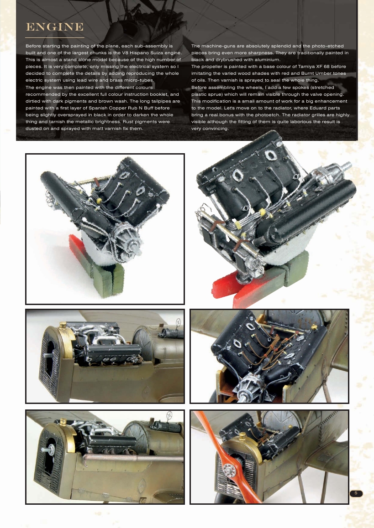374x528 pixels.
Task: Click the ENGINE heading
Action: point(54,27)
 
